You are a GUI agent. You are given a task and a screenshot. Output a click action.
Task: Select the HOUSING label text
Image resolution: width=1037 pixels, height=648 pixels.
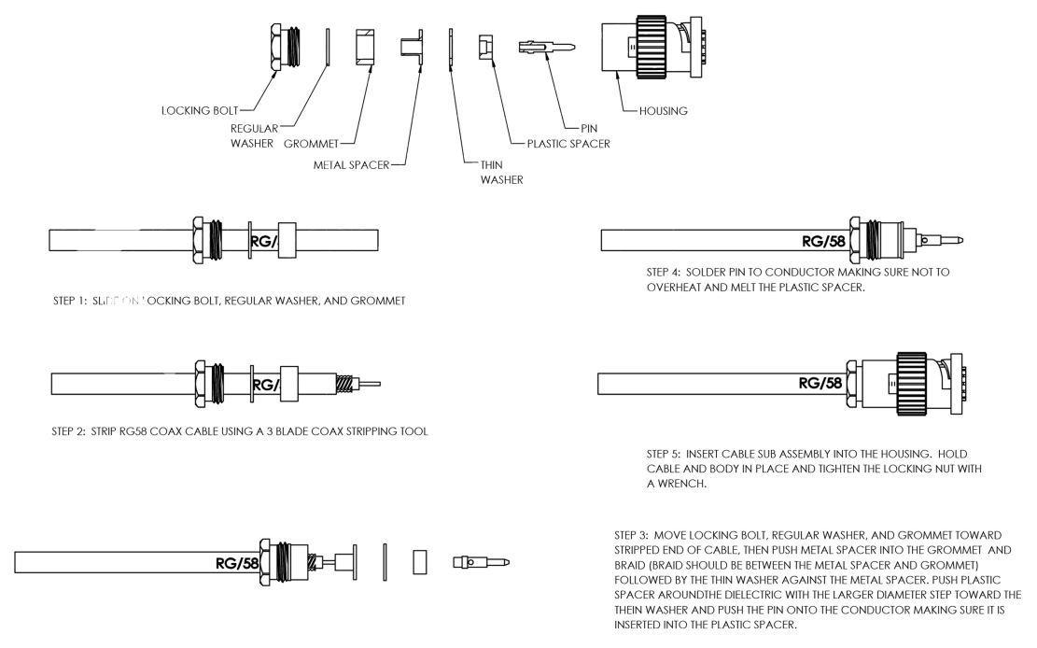(664, 111)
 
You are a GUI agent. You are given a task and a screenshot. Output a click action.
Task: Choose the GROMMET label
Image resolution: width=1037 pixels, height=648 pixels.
(310, 144)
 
